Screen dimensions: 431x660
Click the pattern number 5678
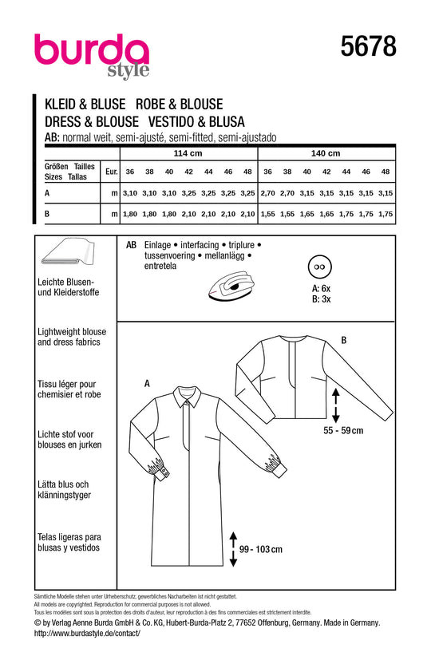368,45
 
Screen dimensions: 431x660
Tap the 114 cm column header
188,153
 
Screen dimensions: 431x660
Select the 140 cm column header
326,153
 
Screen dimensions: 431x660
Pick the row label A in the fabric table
47,193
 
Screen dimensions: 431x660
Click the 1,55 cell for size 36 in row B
267,214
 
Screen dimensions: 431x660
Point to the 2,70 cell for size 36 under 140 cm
267,193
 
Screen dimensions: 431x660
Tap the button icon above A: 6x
320,267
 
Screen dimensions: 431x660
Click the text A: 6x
321,289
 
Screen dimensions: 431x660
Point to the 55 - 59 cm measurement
343,431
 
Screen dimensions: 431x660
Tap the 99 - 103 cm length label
261,549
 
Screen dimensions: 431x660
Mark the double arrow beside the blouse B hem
335,405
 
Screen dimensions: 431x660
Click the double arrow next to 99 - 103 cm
233,549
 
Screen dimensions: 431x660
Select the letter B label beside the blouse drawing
344,340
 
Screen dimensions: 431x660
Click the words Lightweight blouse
72,332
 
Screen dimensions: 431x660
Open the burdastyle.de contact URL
87,633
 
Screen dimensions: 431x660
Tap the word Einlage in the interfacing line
157,245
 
